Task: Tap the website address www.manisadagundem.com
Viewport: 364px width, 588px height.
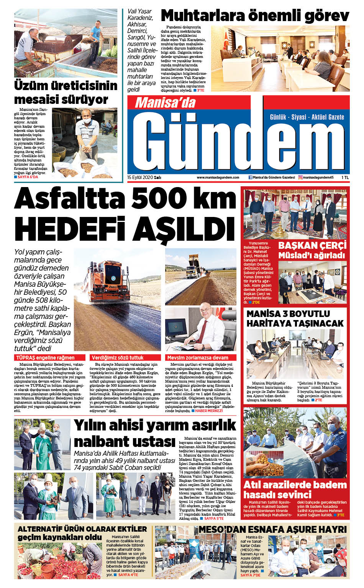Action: pos(218,177)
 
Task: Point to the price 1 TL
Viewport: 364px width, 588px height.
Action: pos(345,177)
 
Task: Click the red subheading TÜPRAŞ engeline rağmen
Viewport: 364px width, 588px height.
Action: pos(45,358)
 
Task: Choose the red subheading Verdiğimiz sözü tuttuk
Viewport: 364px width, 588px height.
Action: pos(118,358)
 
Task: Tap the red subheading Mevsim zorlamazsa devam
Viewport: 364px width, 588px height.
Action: pos(198,358)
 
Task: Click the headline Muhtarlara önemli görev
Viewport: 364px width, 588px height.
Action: pos(255,16)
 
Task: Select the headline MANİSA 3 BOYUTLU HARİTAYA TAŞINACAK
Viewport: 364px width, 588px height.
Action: pos(295,319)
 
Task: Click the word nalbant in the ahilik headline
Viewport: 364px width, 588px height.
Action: pos(99,441)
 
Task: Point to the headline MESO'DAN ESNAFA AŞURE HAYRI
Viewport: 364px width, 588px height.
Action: pos(272,529)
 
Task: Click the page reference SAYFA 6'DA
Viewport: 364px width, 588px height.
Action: pos(28,177)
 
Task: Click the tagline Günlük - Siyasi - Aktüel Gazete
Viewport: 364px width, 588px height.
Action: pos(307,117)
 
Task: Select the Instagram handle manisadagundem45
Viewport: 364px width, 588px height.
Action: pos(318,177)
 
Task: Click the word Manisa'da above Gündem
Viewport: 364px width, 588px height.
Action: pos(165,102)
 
